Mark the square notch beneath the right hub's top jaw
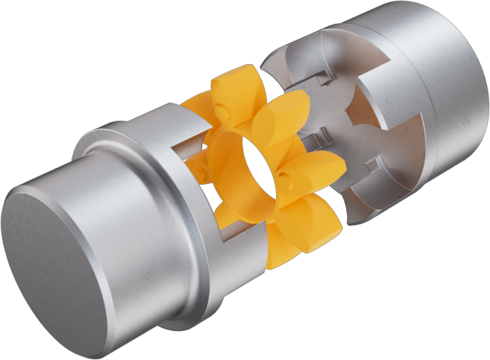(x=323, y=77)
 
